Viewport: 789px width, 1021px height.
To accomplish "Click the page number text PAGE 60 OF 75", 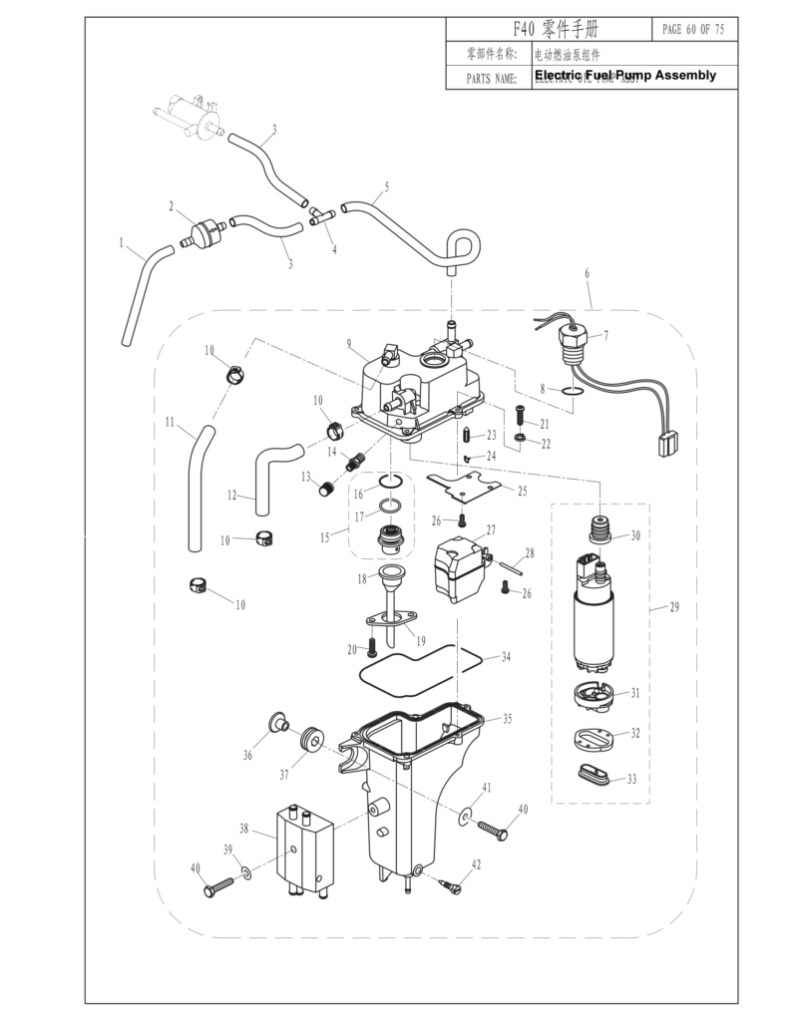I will click(x=693, y=29).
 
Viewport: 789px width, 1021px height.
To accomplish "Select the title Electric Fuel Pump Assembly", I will click(x=625, y=76).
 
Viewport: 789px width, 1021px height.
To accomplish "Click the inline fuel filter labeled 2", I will click(x=206, y=232).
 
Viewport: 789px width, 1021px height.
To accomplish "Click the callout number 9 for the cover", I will click(x=350, y=344).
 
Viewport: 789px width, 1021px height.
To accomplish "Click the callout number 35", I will click(x=507, y=718).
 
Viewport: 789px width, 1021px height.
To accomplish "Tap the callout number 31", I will click(x=634, y=692).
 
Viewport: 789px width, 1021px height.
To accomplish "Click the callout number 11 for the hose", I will click(x=171, y=423).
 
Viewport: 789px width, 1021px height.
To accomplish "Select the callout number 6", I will click(x=587, y=272).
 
